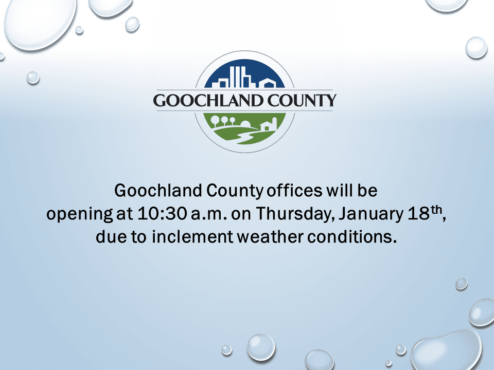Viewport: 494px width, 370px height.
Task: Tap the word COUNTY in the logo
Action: coord(305,100)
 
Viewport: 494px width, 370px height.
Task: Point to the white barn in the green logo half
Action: coord(269,125)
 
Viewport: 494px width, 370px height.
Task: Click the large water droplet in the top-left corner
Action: coord(36,21)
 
